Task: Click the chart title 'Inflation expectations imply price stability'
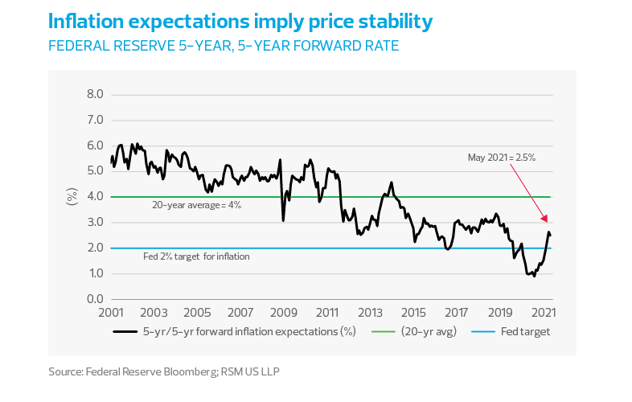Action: pos(240,22)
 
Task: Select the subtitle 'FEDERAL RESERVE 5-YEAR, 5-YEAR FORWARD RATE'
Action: pos(224,46)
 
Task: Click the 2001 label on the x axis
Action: pos(110,312)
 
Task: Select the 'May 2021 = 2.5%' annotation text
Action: pos(502,158)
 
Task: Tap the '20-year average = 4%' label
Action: pos(197,205)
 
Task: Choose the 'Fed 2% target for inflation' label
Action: pos(196,256)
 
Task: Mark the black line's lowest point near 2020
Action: pos(534,277)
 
